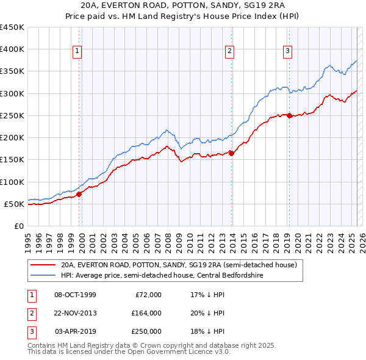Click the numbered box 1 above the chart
click(x=78, y=52)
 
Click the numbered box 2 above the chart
click(x=230, y=52)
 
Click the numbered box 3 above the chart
click(x=287, y=52)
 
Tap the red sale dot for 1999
click(x=79, y=194)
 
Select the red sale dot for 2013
click(x=231, y=153)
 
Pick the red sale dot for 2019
click(x=289, y=115)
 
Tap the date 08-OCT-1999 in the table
click(x=76, y=295)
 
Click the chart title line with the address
click(x=183, y=7)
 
